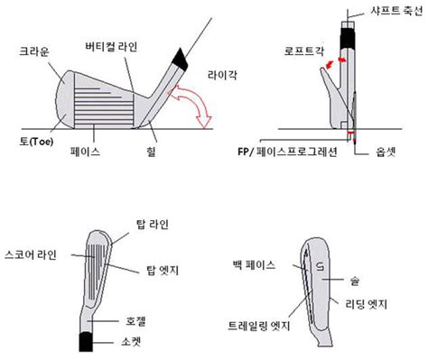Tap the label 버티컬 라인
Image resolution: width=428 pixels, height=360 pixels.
pos(112,45)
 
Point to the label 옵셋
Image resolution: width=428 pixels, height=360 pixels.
pos(390,153)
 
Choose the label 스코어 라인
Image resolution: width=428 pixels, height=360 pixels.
pos(32,254)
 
